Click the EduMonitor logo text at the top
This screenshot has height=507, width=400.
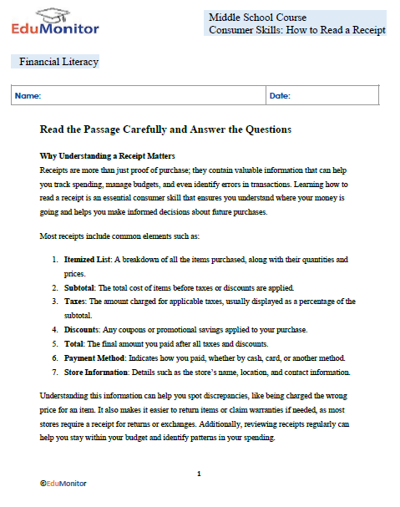pyautogui.click(x=55, y=28)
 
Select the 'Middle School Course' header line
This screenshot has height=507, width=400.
pyautogui.click(x=257, y=17)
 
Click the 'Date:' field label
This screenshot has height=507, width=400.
pyautogui.click(x=280, y=96)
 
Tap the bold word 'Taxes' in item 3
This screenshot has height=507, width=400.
pyautogui.click(x=77, y=302)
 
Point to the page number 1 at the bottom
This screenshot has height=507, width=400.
pyautogui.click(x=199, y=474)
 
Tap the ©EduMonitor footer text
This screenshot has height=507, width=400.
pyautogui.click(x=63, y=484)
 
